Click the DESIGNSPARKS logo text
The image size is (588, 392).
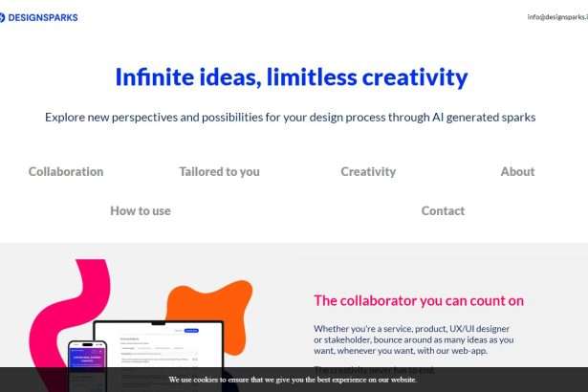(43, 17)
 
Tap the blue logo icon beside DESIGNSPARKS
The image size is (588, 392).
(2, 17)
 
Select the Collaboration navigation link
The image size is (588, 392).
(66, 172)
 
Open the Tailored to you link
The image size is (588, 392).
(219, 172)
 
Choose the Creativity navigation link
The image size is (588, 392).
(368, 172)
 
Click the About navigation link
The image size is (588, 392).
(517, 172)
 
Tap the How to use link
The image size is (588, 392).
(141, 211)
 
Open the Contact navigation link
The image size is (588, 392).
(443, 211)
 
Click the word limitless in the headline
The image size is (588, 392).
(308, 77)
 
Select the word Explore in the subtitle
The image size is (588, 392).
(68, 118)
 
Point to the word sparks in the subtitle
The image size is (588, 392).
(515, 118)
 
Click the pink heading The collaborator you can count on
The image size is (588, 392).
(419, 301)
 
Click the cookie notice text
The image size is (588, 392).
(293, 380)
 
